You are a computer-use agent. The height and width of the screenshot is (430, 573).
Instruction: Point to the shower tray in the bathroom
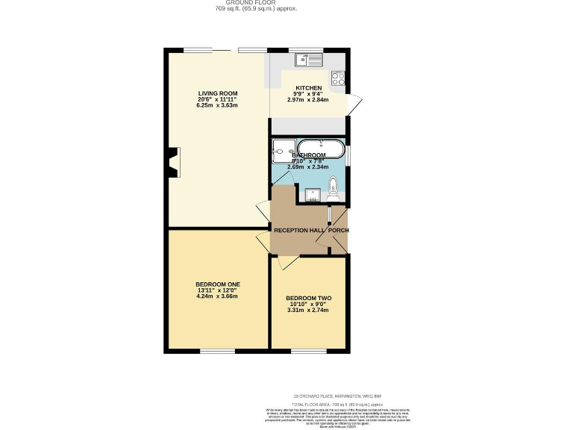point(284,150)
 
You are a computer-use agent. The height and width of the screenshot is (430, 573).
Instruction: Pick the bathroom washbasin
point(313,196)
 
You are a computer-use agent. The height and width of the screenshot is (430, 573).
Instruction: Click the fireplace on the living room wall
point(174,163)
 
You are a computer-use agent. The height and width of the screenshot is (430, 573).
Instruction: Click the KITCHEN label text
point(308,88)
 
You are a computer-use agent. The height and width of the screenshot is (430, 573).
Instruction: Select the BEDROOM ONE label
point(217,284)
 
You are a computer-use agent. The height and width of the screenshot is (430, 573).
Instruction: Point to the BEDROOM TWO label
point(308,299)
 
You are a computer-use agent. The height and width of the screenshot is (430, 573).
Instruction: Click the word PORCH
point(339,231)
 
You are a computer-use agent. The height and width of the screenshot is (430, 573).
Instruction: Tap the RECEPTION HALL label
point(300,231)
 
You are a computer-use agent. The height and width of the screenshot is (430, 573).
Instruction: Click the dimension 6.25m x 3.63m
point(217,106)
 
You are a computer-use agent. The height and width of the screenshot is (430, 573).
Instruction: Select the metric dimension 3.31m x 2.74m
point(308,311)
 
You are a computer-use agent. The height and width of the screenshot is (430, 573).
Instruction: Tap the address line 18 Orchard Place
point(336,395)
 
